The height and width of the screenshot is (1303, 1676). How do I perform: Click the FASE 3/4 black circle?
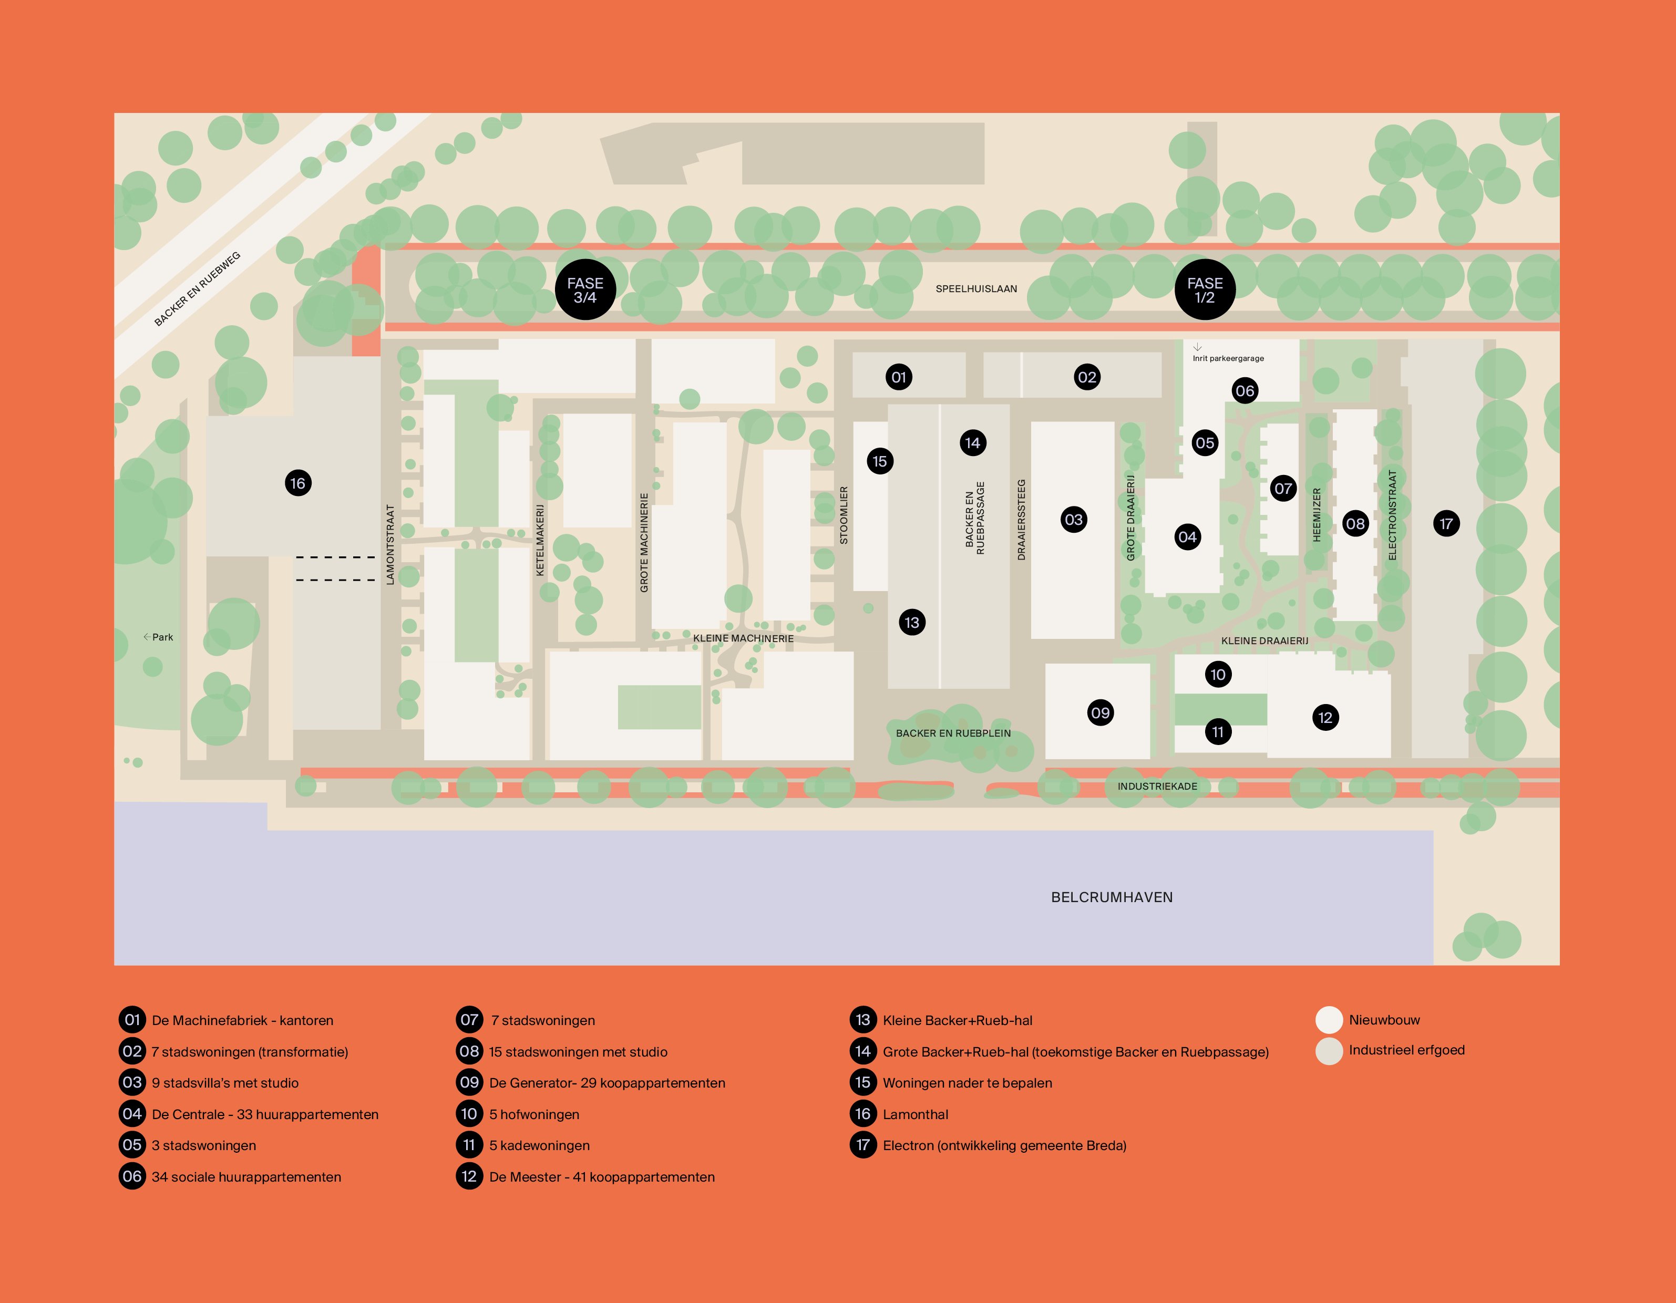tap(585, 290)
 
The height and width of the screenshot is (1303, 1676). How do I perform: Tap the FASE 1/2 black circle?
tap(1205, 290)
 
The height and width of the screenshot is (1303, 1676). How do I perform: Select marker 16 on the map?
tap(298, 483)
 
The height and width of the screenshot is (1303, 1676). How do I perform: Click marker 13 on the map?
tap(912, 622)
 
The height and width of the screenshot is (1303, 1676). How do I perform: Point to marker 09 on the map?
tap(1101, 713)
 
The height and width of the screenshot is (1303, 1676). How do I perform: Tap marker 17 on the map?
tap(1446, 524)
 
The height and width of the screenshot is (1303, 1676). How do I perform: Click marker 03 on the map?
tap(1074, 520)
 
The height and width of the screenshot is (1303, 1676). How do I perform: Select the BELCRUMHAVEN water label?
tap(1111, 897)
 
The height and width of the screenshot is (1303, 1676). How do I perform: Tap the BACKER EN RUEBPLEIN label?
tap(953, 733)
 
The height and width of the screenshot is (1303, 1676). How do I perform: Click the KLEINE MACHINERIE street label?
tap(743, 638)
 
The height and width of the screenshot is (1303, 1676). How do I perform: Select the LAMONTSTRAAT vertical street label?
tap(390, 544)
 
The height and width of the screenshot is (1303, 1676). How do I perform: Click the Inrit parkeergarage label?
tap(1228, 358)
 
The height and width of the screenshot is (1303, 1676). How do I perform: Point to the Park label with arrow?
tap(159, 637)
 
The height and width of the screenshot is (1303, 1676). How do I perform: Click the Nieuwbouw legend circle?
tap(1329, 1020)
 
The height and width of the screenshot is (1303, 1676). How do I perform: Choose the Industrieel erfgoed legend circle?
tap(1329, 1050)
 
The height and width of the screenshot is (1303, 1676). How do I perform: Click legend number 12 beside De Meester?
tap(469, 1176)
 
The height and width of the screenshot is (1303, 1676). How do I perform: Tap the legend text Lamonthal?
tap(915, 1114)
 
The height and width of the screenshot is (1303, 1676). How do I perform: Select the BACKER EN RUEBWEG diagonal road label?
tap(197, 288)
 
